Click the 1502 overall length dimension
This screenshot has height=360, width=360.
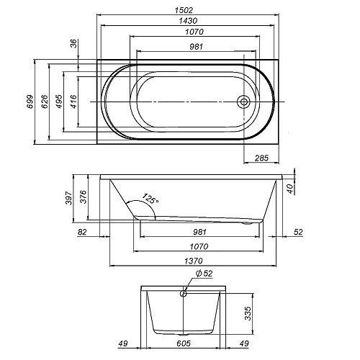click(x=184, y=10)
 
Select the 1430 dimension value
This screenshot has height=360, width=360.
click(x=188, y=21)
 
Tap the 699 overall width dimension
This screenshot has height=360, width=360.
click(x=30, y=102)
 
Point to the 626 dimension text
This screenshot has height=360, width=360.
click(x=45, y=102)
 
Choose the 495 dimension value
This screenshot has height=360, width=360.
click(x=59, y=102)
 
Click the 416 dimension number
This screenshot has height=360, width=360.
click(x=73, y=102)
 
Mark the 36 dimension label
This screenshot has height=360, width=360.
click(x=74, y=43)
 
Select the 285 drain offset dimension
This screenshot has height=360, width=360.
click(x=261, y=158)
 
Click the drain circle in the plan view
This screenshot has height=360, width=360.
click(x=244, y=102)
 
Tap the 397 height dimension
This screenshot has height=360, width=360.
click(x=69, y=198)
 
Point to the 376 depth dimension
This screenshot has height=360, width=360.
click(x=83, y=197)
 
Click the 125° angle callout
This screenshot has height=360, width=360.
click(x=150, y=199)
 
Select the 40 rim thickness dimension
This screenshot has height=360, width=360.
click(x=290, y=189)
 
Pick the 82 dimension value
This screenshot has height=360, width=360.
click(x=82, y=232)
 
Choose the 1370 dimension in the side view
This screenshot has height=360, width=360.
click(x=194, y=261)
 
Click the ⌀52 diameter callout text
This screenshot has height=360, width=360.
click(x=204, y=274)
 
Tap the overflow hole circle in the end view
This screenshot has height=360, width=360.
click(x=184, y=293)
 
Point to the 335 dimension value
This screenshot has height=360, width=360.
click(x=248, y=313)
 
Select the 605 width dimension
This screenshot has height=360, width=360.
click(x=184, y=343)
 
